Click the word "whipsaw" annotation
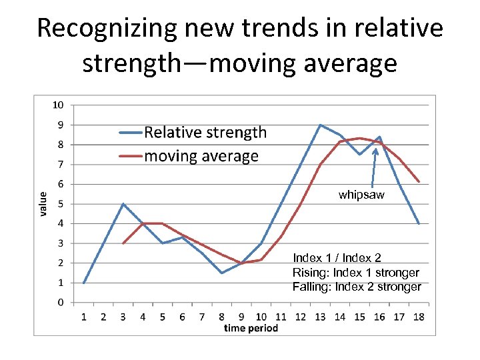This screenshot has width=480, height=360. (x=361, y=195)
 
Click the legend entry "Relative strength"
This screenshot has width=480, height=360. (x=205, y=133)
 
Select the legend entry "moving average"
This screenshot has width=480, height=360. (x=201, y=156)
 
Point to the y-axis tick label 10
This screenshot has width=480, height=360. (x=58, y=105)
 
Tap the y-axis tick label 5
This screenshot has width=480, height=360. (x=61, y=203)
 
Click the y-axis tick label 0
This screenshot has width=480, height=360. (x=61, y=302)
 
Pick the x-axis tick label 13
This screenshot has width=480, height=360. (x=320, y=317)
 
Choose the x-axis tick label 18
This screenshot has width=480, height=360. (x=419, y=317)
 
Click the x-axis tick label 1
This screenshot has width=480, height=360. (x=84, y=317)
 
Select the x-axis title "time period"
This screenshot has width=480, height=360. (x=251, y=327)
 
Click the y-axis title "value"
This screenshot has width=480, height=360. (x=43, y=203)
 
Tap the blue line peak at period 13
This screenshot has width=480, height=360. (x=320, y=125)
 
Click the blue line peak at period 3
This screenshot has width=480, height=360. (x=123, y=203)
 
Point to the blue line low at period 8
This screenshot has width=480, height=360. (x=221, y=273)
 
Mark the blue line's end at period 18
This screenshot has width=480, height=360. (x=419, y=223)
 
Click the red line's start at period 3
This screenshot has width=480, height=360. (x=123, y=243)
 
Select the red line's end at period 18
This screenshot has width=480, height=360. (x=419, y=181)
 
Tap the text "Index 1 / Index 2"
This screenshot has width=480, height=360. (x=337, y=257)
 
